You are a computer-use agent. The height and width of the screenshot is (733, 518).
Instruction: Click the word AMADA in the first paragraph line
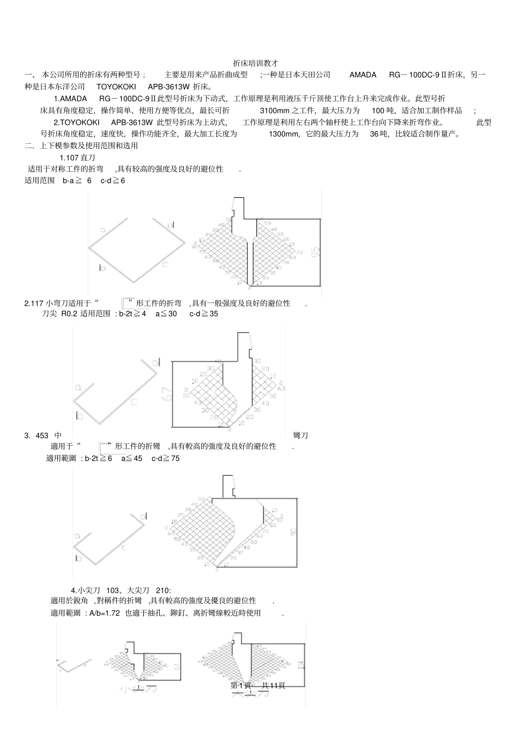coord(363,75)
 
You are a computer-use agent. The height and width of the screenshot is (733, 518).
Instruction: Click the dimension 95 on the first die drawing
coord(315,252)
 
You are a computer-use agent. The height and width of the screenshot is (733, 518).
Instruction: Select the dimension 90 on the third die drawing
coord(293,532)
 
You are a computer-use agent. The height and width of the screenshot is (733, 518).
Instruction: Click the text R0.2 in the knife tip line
coord(70,314)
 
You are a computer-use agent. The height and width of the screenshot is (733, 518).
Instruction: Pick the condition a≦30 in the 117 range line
coord(166,314)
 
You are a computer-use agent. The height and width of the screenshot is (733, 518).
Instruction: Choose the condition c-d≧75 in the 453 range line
coord(165,458)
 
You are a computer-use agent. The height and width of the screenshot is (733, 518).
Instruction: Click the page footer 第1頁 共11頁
coord(258,686)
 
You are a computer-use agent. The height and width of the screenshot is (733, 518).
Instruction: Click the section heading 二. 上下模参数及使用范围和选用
coord(81,146)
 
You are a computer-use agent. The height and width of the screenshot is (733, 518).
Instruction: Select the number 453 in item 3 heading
coord(42,435)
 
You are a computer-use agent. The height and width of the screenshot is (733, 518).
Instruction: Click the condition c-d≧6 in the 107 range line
coord(112,180)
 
